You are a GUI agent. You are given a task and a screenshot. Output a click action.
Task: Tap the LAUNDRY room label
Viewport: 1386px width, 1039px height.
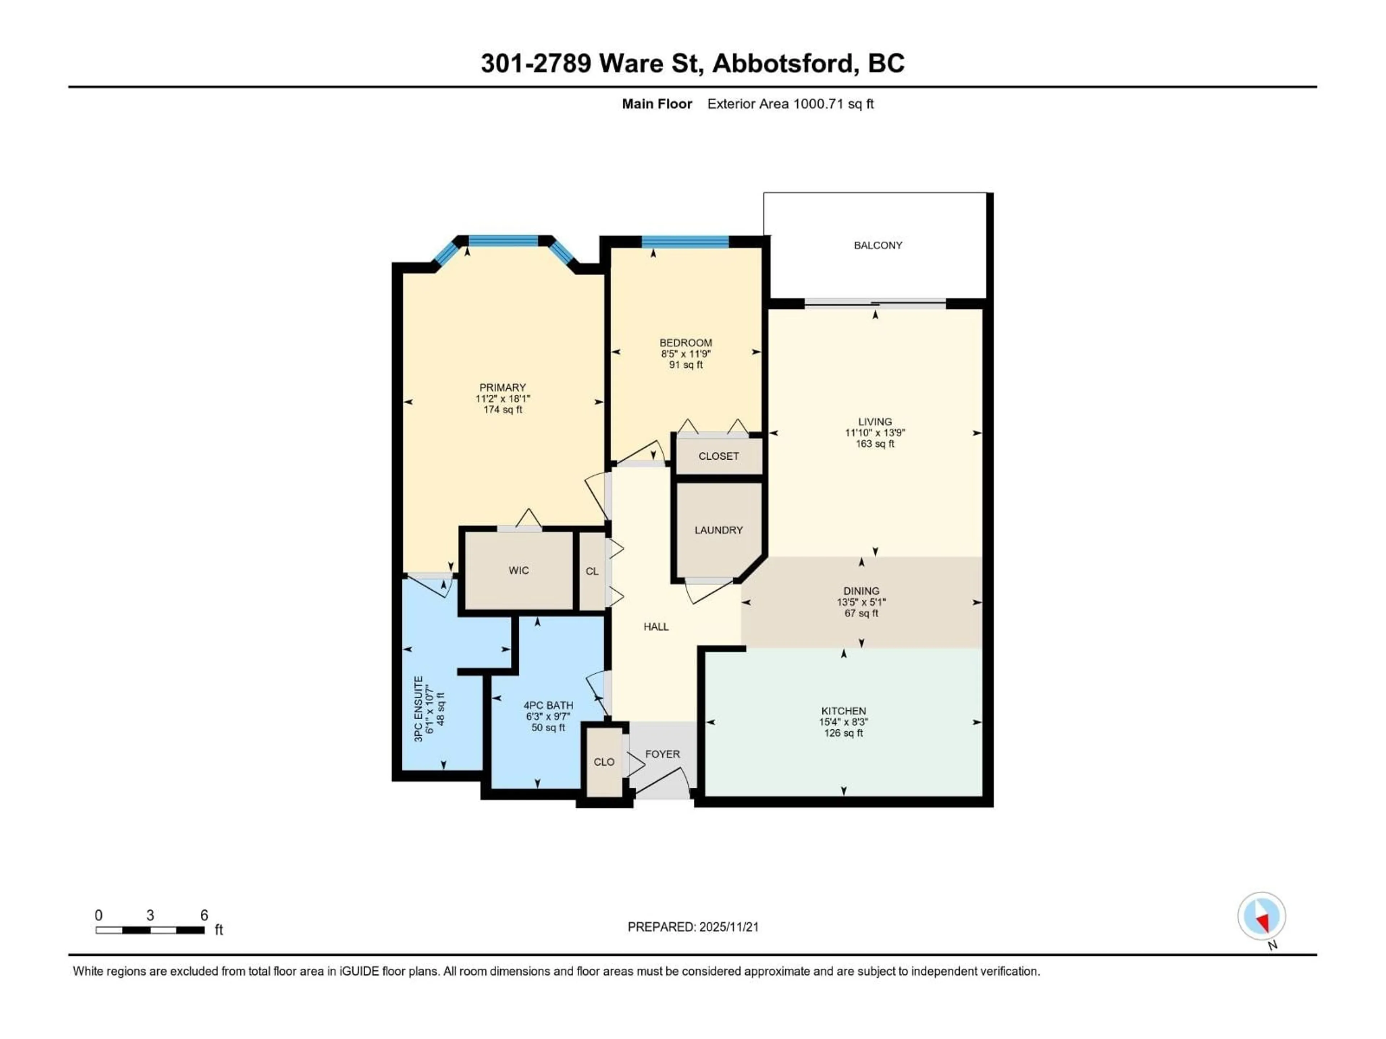(x=718, y=530)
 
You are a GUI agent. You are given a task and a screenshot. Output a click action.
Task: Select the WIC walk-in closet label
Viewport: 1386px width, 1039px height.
(x=518, y=570)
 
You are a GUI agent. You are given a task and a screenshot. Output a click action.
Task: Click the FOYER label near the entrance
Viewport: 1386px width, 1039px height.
(x=662, y=754)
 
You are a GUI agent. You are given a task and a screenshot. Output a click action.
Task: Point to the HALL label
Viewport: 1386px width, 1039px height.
(x=656, y=626)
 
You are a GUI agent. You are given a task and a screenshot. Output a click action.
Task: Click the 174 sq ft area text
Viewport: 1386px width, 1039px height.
(x=502, y=409)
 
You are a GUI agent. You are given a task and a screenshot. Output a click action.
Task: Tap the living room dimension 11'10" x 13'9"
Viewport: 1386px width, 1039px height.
(x=875, y=433)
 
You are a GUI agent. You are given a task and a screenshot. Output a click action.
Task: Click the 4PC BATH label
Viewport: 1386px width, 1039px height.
(x=548, y=705)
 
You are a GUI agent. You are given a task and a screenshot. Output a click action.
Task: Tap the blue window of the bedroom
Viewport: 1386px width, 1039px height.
(x=685, y=242)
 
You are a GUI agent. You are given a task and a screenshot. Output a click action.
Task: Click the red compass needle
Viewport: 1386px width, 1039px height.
(x=1263, y=922)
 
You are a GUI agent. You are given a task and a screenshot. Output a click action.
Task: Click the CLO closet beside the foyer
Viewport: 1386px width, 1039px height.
(x=604, y=762)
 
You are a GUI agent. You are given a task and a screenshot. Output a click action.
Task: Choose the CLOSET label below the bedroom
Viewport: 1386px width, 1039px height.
(x=718, y=456)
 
